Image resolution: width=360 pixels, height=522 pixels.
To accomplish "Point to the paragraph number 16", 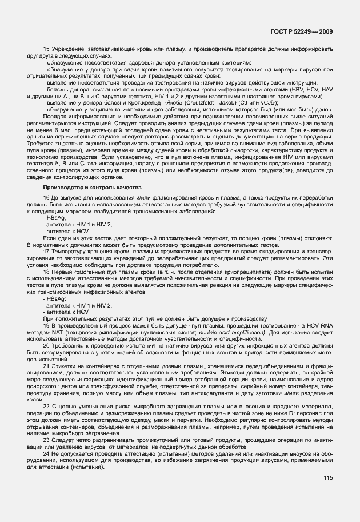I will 46,197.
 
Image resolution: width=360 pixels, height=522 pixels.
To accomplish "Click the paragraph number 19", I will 46,325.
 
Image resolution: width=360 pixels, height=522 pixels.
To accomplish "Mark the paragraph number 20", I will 46,346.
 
